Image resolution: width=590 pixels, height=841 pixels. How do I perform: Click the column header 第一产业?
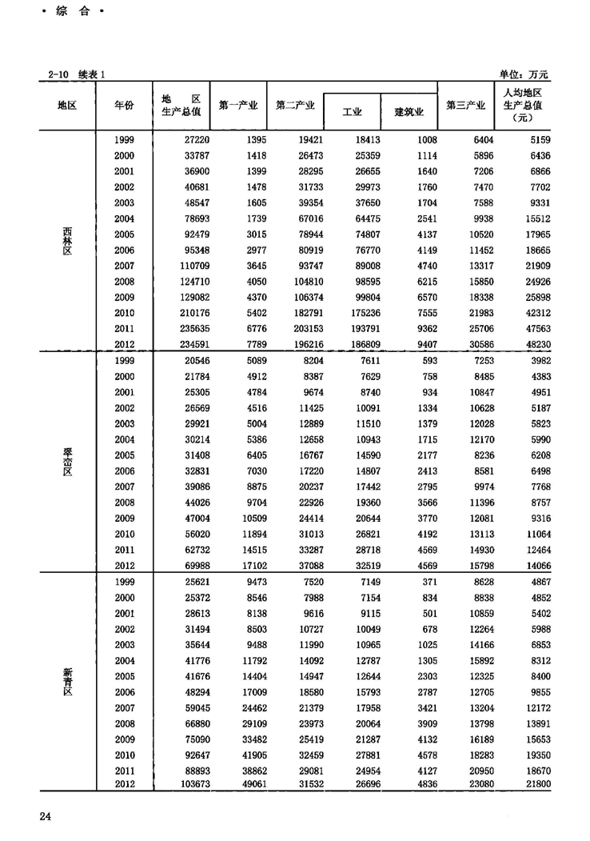click(237, 105)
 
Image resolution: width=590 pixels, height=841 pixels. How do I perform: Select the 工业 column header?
click(352, 111)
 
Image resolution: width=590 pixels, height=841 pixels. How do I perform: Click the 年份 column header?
click(124, 105)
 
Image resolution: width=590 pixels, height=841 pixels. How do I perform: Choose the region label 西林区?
click(67, 242)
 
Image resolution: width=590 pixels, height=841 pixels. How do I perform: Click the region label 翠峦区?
click(67, 463)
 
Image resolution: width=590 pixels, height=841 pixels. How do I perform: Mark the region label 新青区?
click(67, 684)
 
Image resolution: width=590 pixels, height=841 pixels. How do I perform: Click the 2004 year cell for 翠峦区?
click(124, 440)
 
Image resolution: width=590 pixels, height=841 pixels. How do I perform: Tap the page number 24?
click(44, 815)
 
